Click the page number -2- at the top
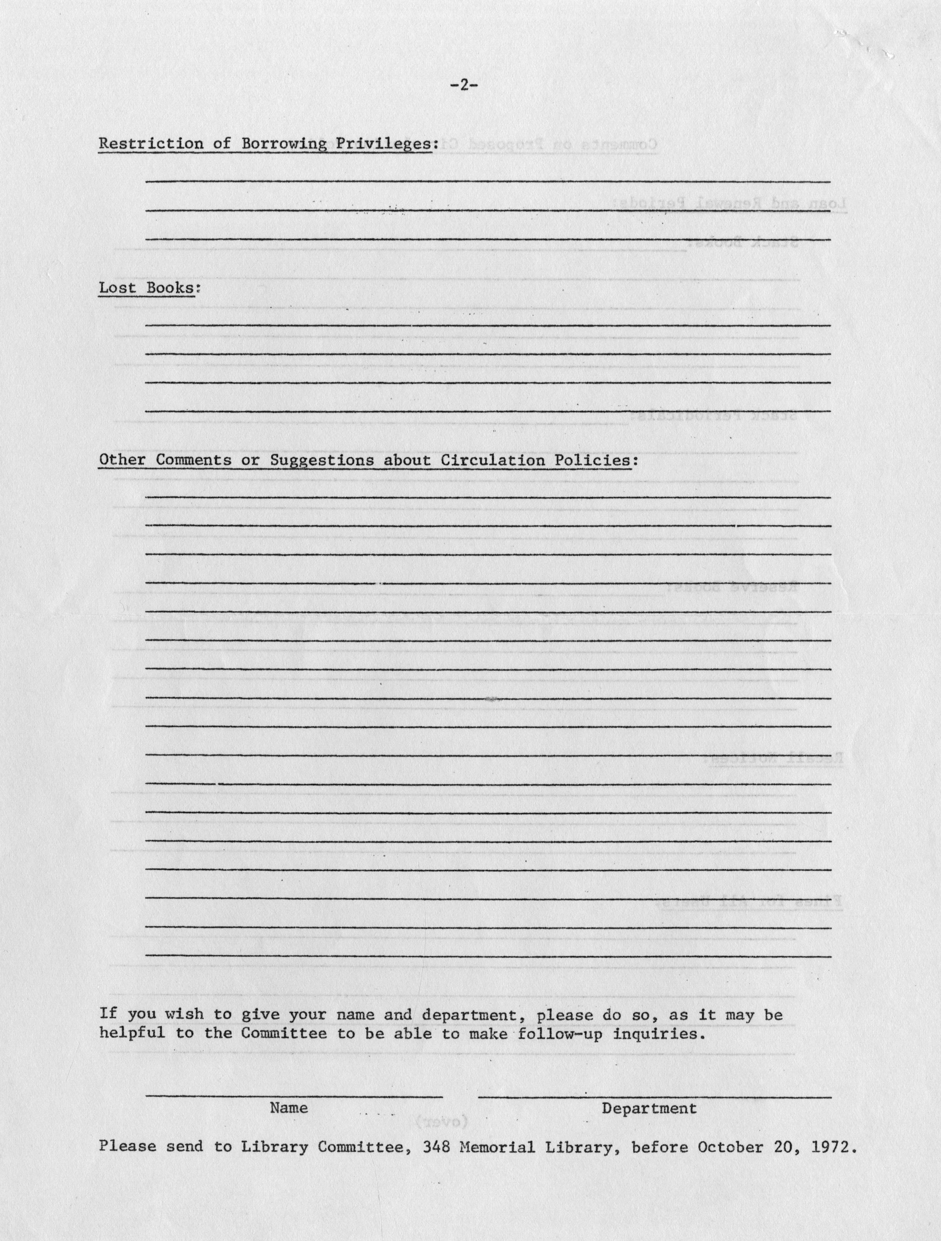(x=463, y=86)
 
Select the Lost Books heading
(x=149, y=288)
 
